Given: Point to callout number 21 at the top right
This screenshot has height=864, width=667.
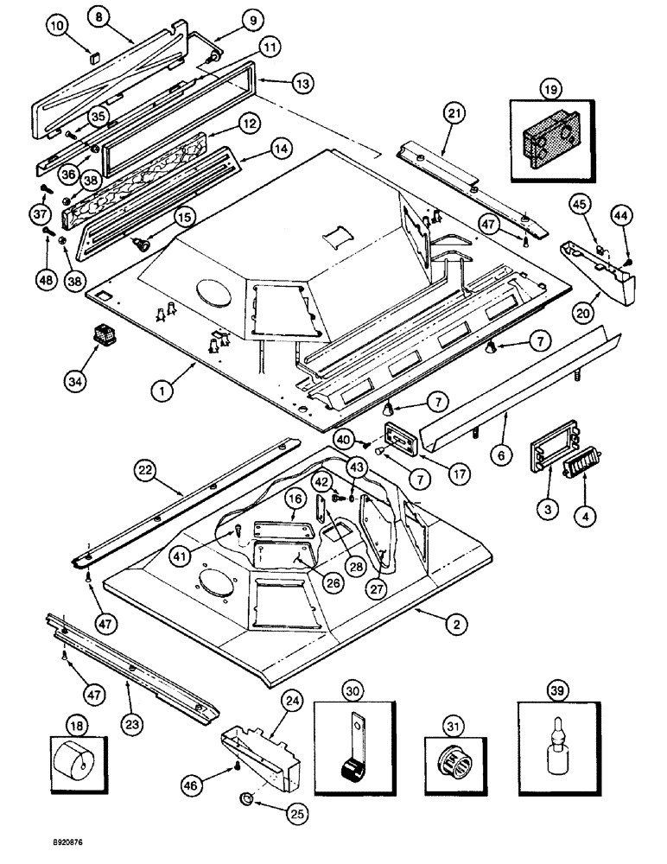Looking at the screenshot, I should click(455, 111).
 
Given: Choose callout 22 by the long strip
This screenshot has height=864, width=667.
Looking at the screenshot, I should click(146, 470).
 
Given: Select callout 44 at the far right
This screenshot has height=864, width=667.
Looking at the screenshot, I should click(621, 212).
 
